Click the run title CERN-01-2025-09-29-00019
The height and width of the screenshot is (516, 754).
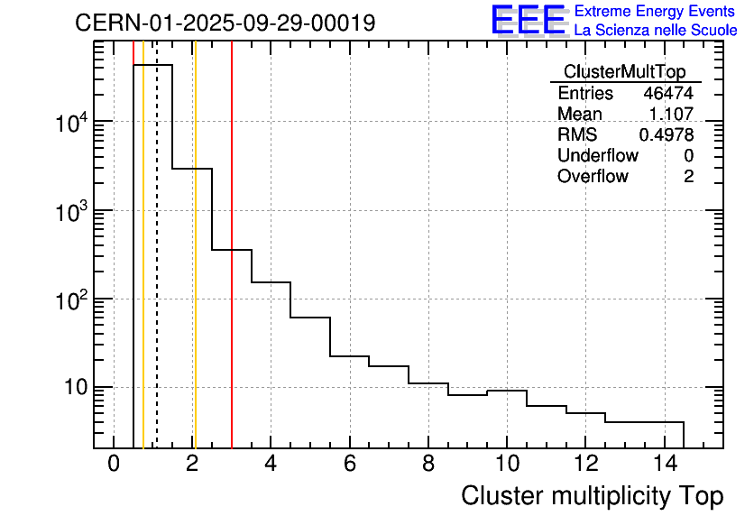click(225, 23)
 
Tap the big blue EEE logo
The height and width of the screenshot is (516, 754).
click(529, 21)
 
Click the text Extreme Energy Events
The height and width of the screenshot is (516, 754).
click(655, 12)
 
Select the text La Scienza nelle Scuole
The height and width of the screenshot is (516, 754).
click(655, 31)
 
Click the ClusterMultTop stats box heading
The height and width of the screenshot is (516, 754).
click(624, 72)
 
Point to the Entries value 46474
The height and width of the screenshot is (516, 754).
click(668, 94)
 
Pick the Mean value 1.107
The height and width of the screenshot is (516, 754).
click(671, 115)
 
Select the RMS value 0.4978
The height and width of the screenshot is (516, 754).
click(667, 135)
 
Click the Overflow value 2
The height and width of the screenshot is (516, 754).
click(688, 177)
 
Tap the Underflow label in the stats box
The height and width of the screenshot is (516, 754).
click(597, 156)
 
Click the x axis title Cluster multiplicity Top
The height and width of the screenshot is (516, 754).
click(592, 495)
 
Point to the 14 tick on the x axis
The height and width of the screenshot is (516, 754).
click(664, 464)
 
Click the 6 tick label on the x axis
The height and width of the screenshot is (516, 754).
click(349, 464)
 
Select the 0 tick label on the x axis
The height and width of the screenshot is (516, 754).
click(114, 464)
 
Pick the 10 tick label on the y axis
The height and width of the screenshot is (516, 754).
click(70, 388)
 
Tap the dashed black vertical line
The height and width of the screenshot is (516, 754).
click(157, 271)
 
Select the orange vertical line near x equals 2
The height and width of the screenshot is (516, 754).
click(194, 271)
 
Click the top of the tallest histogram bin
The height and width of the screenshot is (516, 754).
click(152, 65)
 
